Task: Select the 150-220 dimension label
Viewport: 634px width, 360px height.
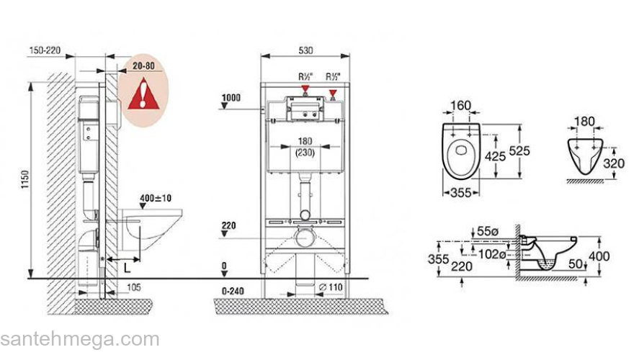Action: [45, 50]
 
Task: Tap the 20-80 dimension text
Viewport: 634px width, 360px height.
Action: [143, 66]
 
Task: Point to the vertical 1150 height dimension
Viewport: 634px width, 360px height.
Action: [25, 179]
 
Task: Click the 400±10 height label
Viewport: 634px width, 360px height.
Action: [156, 198]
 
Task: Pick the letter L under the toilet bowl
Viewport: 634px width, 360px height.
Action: [128, 267]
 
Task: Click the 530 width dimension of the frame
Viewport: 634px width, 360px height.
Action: [305, 50]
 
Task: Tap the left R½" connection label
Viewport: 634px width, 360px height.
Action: [305, 76]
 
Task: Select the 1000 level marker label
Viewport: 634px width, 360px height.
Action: [231, 97]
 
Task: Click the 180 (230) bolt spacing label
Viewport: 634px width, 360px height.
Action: [305, 147]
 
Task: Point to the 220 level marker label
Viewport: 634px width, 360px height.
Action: [229, 225]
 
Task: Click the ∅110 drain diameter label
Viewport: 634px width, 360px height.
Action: [331, 287]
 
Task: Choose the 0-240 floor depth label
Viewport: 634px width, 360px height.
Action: [233, 291]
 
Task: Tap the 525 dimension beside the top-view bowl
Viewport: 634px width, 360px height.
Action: [519, 150]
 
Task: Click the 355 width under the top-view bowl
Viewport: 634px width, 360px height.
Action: [461, 193]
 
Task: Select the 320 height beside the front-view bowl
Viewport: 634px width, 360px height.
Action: [613, 163]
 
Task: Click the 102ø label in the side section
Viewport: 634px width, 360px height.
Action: [492, 254]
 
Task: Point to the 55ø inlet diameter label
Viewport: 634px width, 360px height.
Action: [488, 231]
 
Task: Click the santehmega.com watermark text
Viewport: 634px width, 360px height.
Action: [80, 339]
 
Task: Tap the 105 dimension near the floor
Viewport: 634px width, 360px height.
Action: [134, 287]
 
